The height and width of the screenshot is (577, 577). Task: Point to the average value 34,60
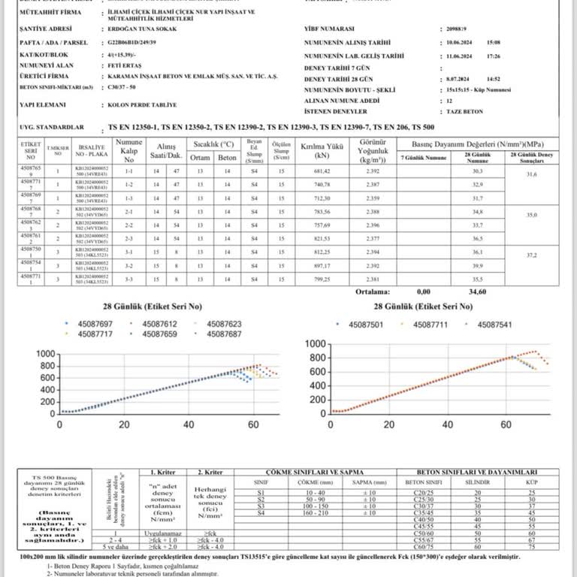tap(473, 291)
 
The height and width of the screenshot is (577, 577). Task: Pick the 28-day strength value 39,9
tap(476, 265)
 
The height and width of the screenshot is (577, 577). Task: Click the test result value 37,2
tap(531, 255)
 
